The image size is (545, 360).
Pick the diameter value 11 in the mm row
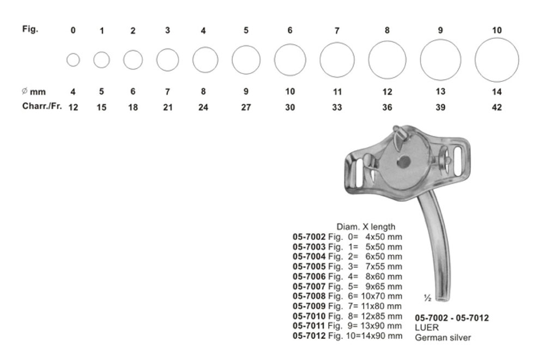337,92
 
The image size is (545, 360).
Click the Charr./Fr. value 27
246,107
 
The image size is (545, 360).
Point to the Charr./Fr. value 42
496,107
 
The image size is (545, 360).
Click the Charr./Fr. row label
42,106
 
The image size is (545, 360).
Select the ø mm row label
34,92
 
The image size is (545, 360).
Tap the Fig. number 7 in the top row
337,31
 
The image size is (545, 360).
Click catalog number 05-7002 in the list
309,237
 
